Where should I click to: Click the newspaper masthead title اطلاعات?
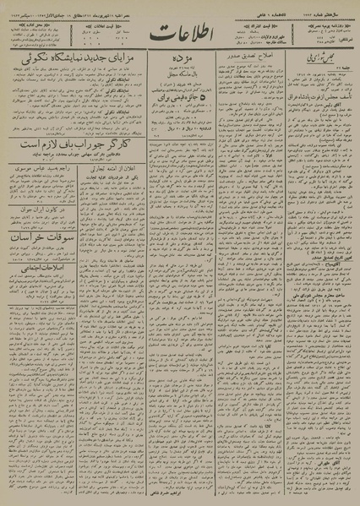click(179, 37)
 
